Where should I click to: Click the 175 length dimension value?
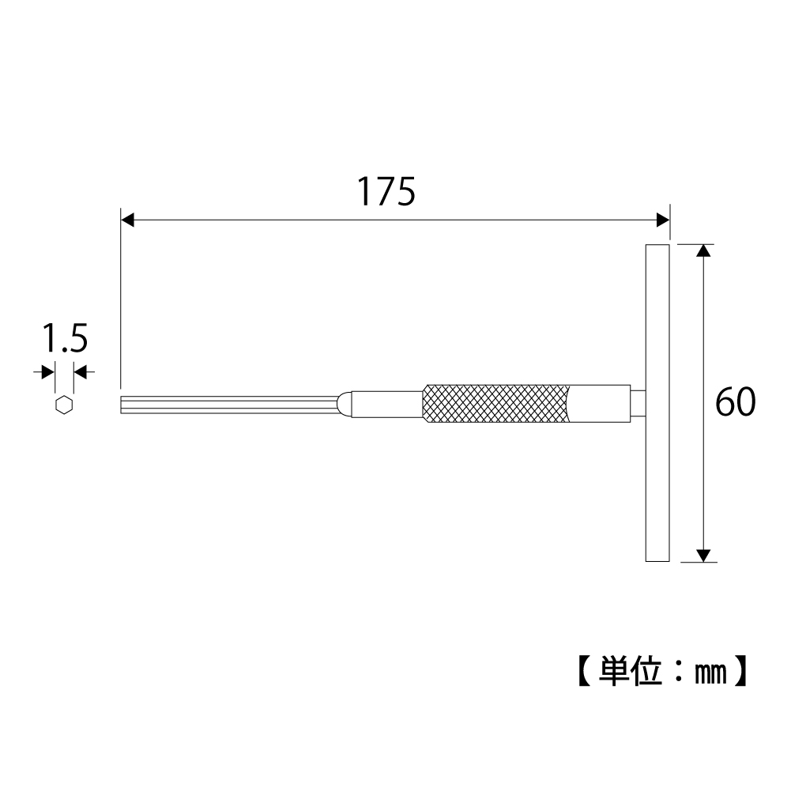click(386, 192)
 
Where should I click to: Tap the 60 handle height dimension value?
click(736, 402)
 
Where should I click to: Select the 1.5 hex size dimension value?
click(65, 338)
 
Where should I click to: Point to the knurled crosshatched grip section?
click(497, 404)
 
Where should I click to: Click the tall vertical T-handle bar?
click(657, 402)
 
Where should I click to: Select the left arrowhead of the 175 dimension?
click(128, 220)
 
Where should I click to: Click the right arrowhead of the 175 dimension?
click(662, 220)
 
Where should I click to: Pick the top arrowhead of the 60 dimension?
click(703, 250)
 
